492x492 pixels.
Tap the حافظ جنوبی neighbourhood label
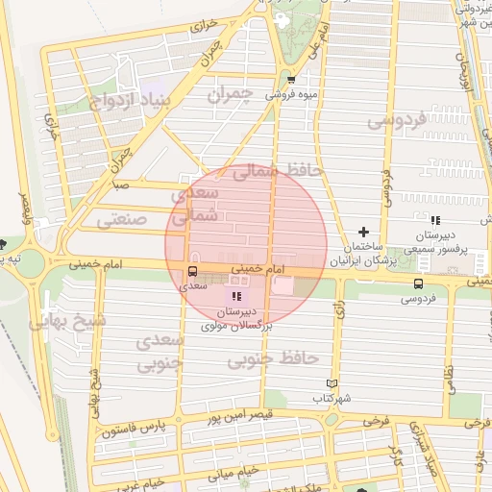(x=273, y=359)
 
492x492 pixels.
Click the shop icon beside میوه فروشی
(x=290, y=80)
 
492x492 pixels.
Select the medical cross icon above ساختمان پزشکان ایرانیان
(x=362, y=232)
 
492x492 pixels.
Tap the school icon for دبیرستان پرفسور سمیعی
(x=435, y=220)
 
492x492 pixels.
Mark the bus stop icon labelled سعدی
(x=192, y=271)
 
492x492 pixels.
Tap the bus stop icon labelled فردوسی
(x=418, y=283)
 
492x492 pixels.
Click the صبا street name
(x=120, y=182)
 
